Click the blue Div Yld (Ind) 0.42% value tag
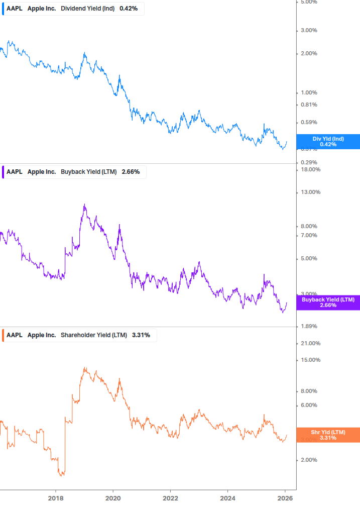(x=328, y=142)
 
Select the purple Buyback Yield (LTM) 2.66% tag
(x=328, y=302)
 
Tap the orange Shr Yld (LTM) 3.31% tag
(x=328, y=435)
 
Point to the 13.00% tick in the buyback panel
(x=310, y=192)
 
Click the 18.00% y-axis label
(x=310, y=169)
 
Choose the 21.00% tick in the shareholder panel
(x=310, y=343)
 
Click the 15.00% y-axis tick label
(x=310, y=360)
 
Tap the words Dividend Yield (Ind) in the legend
(x=88, y=9)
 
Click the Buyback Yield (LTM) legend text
(x=88, y=172)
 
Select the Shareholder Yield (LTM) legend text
(x=94, y=335)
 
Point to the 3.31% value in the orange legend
(x=141, y=335)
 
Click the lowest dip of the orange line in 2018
(x=62, y=475)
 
